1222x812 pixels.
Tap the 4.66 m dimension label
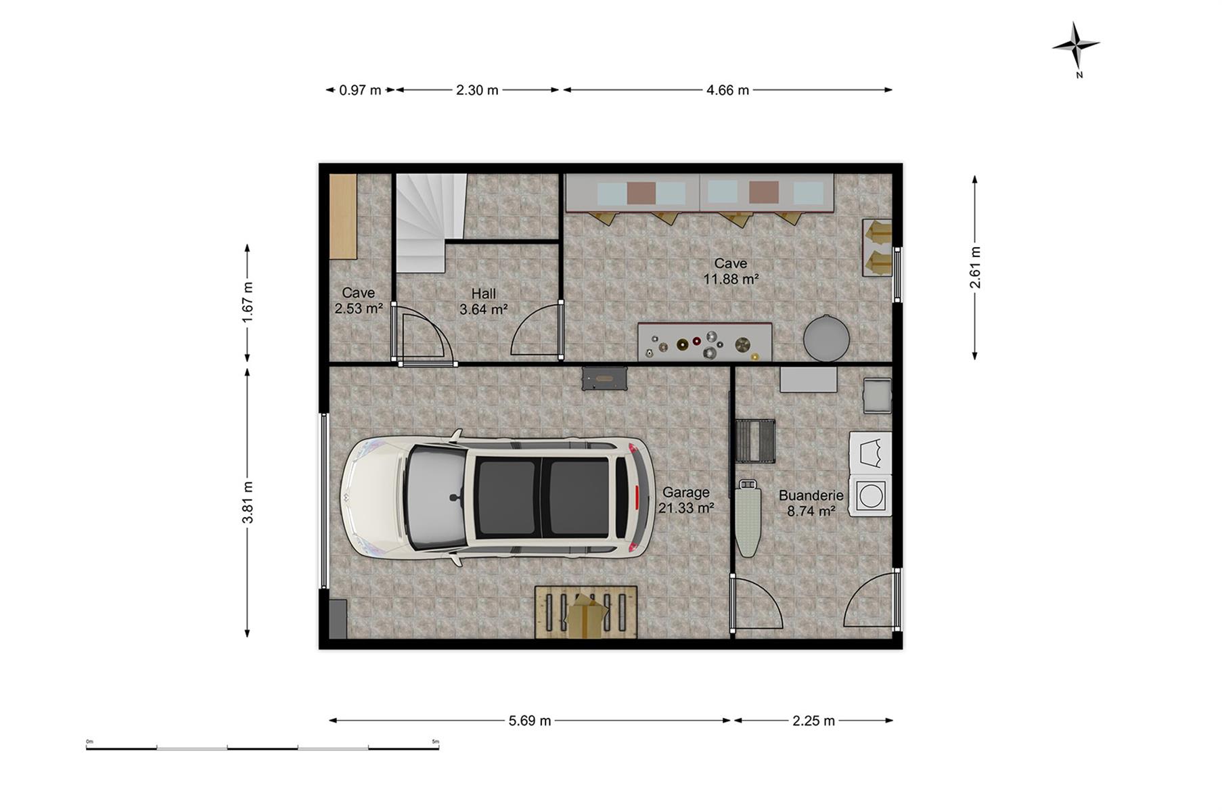click(x=727, y=90)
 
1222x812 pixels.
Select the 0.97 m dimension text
click(x=360, y=90)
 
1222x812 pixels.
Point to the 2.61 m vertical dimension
click(x=975, y=267)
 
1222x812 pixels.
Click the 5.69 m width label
click(x=530, y=721)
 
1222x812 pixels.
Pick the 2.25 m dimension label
click(x=813, y=721)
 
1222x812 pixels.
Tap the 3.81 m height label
click(x=248, y=502)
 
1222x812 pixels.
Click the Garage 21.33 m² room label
click(x=686, y=500)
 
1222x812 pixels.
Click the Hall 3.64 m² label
click(x=483, y=302)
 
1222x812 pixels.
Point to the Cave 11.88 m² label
click(x=731, y=271)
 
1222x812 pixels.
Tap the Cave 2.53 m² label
click(x=359, y=300)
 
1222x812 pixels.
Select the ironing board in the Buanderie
click(x=748, y=518)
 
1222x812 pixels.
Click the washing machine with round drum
click(x=870, y=495)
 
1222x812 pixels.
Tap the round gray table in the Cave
click(x=826, y=336)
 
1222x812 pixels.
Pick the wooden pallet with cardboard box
click(x=586, y=612)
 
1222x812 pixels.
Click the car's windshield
click(x=436, y=497)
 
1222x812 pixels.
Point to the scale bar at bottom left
click(x=263, y=748)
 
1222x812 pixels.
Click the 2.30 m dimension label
click(x=477, y=90)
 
